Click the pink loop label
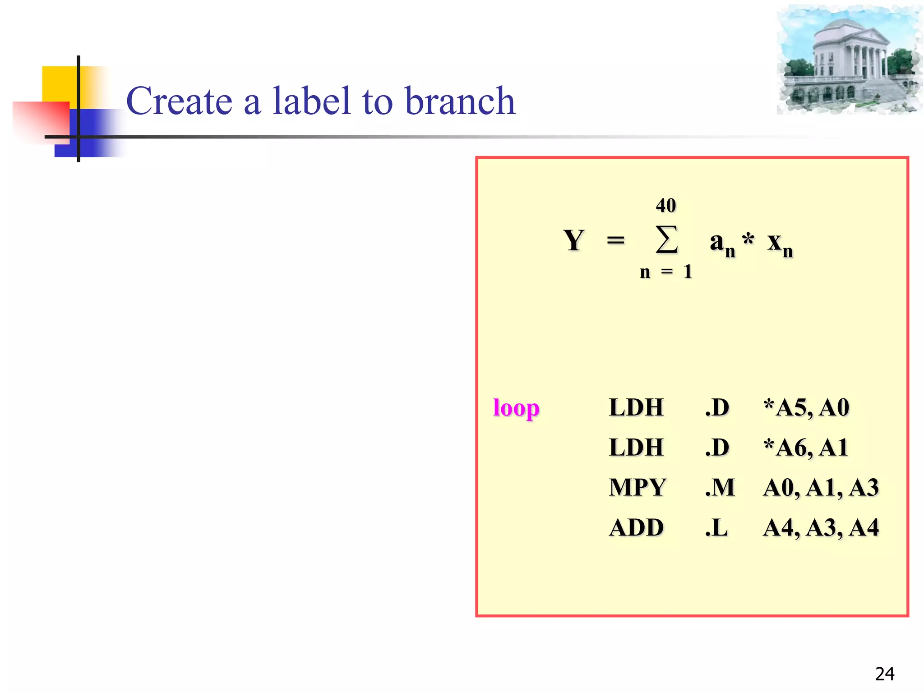tap(516, 408)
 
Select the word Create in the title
tap(179, 101)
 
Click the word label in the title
tap(311, 101)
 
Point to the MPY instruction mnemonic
tap(637, 488)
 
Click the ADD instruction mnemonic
tap(636, 528)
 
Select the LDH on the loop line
tap(636, 407)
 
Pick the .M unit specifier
tap(720, 488)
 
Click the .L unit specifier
tap(716, 528)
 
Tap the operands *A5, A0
tap(806, 407)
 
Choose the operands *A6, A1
tap(805, 448)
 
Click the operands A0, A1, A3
tap(821, 488)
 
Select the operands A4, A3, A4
tap(821, 528)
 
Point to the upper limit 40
tap(666, 206)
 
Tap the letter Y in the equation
tap(573, 240)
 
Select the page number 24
tap(885, 674)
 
